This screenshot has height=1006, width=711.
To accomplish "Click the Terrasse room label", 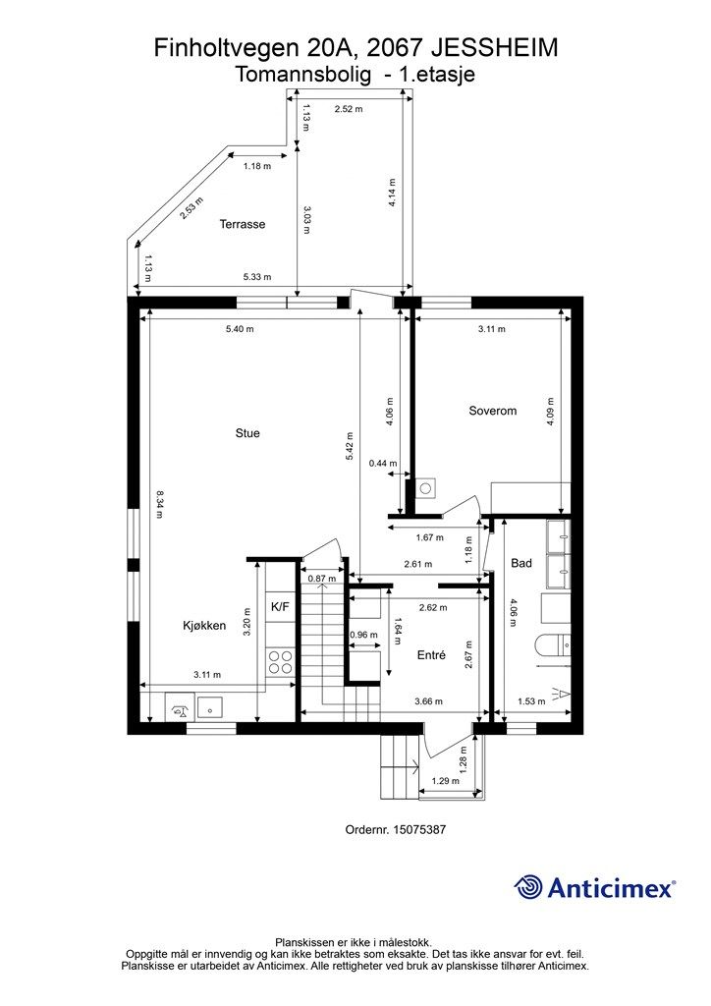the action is click(x=243, y=224).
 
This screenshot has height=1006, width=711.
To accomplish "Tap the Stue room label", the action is click(x=247, y=433).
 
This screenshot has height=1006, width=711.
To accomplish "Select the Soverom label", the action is click(x=492, y=411).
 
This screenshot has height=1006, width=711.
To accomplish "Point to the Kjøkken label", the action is click(x=204, y=626).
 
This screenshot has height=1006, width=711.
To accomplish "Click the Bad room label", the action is click(x=521, y=563).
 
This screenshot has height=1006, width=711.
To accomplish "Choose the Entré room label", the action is click(x=431, y=655).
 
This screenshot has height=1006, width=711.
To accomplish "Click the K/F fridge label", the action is click(x=280, y=607).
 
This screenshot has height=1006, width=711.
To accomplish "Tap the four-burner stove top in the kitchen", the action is click(x=280, y=662).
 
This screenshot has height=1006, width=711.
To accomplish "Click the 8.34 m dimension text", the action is click(x=160, y=504).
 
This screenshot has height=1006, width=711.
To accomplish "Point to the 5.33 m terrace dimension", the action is click(x=257, y=277).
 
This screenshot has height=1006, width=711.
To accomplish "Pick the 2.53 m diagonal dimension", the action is click(x=191, y=208).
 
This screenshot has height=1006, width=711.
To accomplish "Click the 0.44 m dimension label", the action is click(x=383, y=464).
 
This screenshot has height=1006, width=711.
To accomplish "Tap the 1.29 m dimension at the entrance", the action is click(x=446, y=781).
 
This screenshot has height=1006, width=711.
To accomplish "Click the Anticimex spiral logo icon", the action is click(x=528, y=887).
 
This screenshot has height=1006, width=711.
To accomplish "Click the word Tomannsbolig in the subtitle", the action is click(x=303, y=75).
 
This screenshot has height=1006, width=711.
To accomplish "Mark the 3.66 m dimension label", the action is click(x=428, y=701).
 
